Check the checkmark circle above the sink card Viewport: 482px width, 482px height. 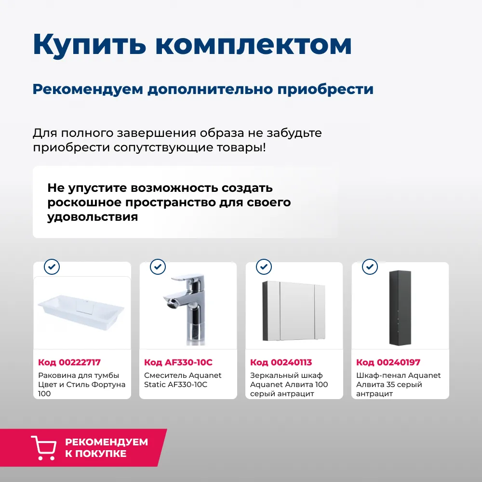click(x=52, y=266)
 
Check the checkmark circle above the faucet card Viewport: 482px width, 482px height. click(x=158, y=266)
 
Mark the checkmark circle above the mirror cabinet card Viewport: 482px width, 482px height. click(x=264, y=266)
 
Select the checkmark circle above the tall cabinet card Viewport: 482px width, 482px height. click(x=370, y=266)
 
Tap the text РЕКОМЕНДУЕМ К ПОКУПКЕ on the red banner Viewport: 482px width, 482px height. click(x=106, y=448)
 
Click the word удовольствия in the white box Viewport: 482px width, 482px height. click(x=93, y=217)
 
